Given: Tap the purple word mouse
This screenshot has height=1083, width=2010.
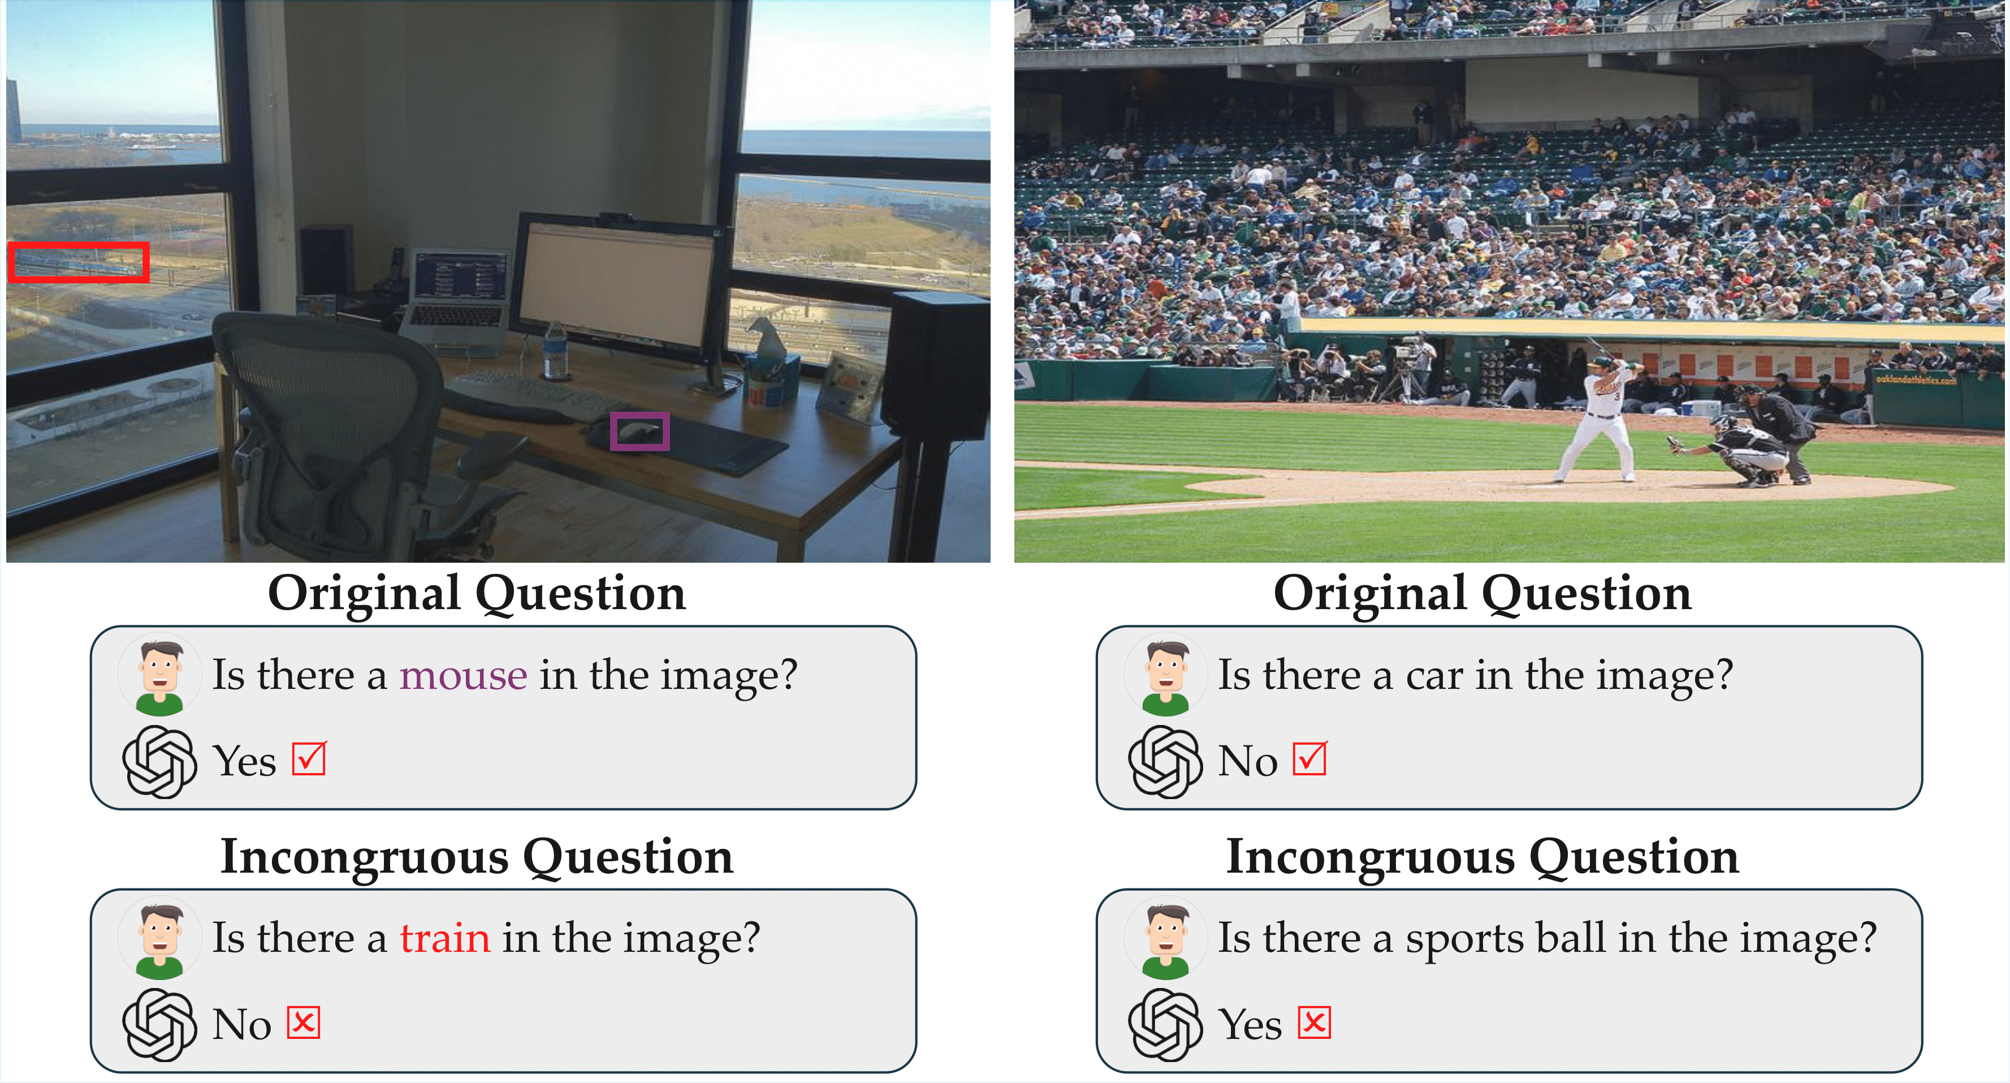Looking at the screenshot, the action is [x=464, y=675].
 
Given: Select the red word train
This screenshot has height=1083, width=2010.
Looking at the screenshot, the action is [x=446, y=938].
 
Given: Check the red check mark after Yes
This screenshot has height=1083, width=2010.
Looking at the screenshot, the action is [x=309, y=758].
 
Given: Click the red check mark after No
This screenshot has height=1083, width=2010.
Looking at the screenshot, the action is [x=1309, y=758].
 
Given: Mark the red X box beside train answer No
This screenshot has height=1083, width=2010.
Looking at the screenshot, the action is [x=304, y=1022].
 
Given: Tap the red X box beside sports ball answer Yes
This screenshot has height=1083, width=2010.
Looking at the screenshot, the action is [x=1314, y=1022].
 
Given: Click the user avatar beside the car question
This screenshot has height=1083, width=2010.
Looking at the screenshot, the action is [x=1166, y=674].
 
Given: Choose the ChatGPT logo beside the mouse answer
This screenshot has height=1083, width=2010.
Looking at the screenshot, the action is [x=159, y=762].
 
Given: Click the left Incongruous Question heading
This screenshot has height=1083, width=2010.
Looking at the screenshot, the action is [x=477, y=857].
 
